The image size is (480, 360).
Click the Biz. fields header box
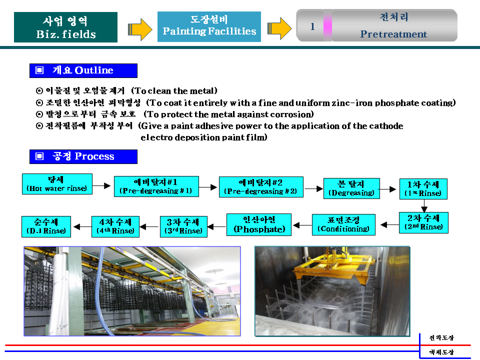click(x=65, y=27)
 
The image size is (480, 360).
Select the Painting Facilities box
click(x=209, y=26)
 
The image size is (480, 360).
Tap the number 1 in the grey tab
click(x=312, y=26)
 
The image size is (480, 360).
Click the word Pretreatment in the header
click(x=393, y=34)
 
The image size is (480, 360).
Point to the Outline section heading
click(x=83, y=70)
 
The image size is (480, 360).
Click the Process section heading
click(x=83, y=156)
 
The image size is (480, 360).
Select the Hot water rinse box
click(x=57, y=184)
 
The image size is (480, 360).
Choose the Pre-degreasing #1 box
click(x=156, y=186)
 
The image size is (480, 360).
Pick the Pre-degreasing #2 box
click(x=261, y=187)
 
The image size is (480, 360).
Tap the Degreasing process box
click(x=351, y=188)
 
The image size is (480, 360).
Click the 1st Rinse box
click(x=423, y=189)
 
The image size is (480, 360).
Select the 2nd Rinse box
click(x=423, y=223)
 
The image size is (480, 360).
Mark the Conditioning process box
click(x=343, y=224)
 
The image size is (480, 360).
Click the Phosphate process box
click(x=259, y=224)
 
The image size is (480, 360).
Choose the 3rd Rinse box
click(x=183, y=227)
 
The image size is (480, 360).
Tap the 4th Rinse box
click(x=115, y=227)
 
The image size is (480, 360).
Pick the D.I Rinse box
click(x=46, y=227)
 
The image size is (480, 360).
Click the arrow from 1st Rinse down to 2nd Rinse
click(x=424, y=205)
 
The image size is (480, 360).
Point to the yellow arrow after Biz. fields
click(x=140, y=29)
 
